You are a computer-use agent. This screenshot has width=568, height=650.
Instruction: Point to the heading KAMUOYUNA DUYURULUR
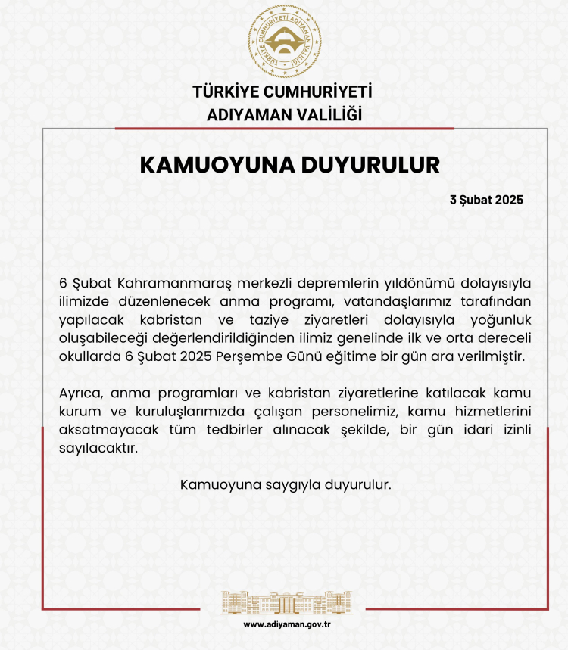pos(290,165)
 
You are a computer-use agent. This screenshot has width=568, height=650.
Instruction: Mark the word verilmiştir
pos(488,356)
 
